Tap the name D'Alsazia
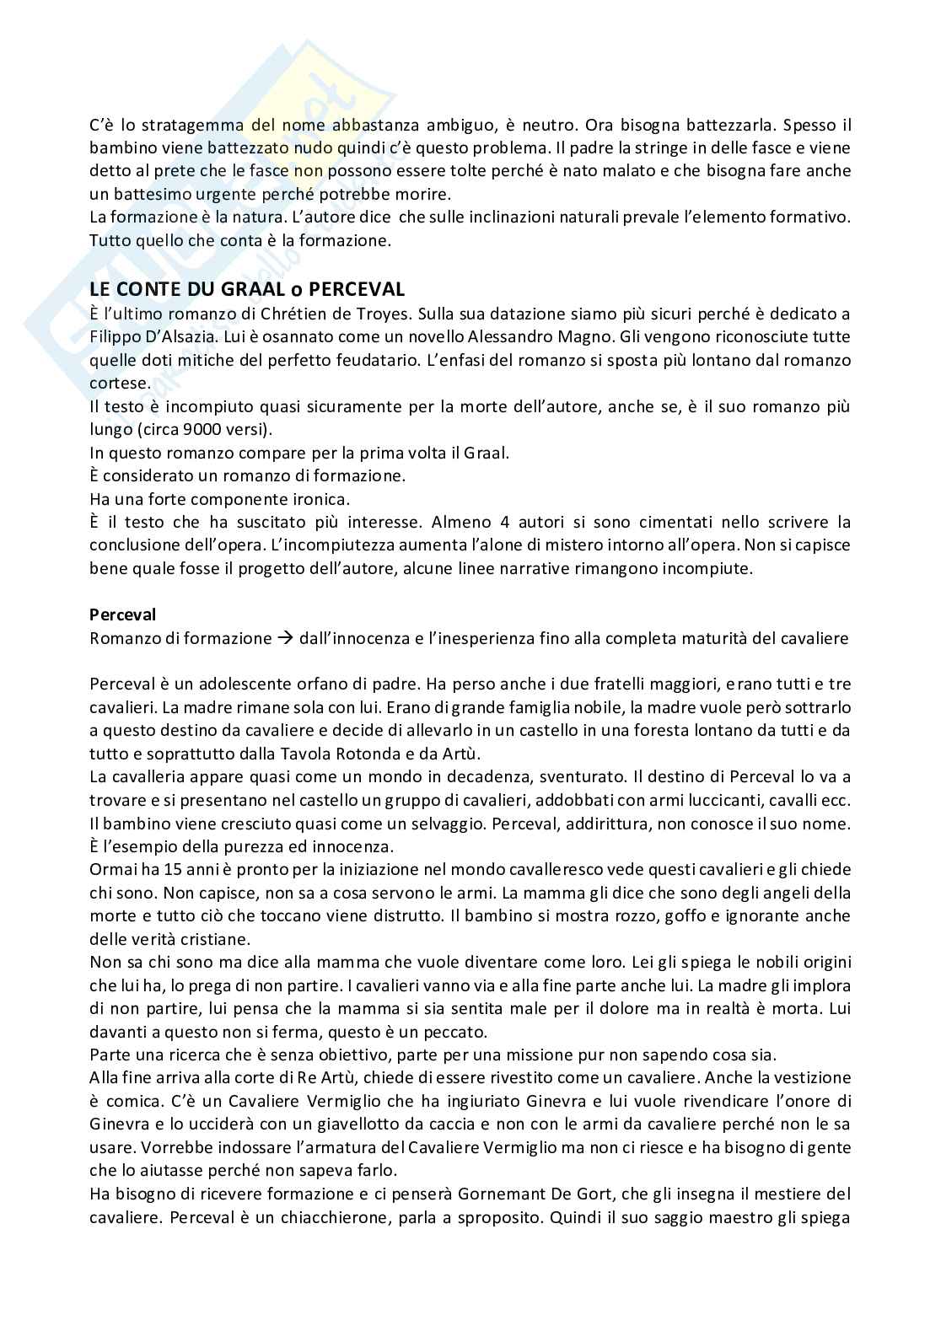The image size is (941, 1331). click(175, 337)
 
